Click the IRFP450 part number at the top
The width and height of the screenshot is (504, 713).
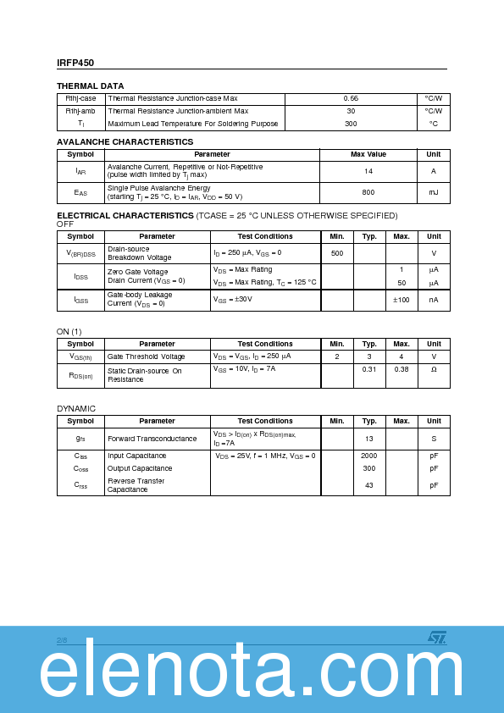[76, 62]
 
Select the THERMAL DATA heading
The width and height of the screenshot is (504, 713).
[90, 86]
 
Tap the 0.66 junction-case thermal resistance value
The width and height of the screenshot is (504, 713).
[351, 99]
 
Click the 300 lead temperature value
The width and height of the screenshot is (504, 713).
[351, 124]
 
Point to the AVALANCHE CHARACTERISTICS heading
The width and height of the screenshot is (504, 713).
[125, 142]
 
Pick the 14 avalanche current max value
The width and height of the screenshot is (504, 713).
[368, 171]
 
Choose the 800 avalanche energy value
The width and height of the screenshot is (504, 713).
[368, 193]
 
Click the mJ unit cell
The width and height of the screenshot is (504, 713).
[433, 193]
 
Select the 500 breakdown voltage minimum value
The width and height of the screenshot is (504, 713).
[337, 253]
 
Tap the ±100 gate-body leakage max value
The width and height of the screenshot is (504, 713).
[401, 300]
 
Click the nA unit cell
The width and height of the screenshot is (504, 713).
[433, 300]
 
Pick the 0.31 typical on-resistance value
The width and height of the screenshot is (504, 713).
[369, 369]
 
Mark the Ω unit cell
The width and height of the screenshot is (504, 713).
[433, 369]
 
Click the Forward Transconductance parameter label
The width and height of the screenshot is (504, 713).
[152, 439]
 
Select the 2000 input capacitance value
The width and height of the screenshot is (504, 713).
[369, 456]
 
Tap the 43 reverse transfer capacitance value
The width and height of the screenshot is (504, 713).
[369, 485]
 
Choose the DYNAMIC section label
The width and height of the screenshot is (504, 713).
[76, 409]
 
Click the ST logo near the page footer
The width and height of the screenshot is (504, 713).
[436, 638]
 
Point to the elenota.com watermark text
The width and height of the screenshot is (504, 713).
[252, 675]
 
